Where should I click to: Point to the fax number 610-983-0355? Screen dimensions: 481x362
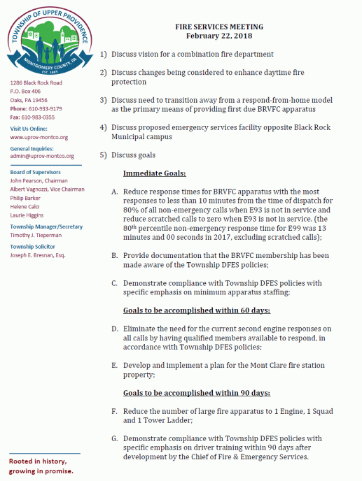pyautogui.click(x=41, y=117)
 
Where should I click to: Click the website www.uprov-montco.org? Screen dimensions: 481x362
pyautogui.click(x=39, y=138)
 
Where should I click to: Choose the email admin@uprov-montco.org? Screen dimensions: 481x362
pyautogui.click(x=39, y=157)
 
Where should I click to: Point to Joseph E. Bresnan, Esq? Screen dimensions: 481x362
pyautogui.click(x=38, y=255)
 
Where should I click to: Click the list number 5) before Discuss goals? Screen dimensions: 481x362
pyautogui.click(x=104, y=155)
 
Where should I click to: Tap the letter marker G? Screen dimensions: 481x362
pyautogui.click(x=115, y=438)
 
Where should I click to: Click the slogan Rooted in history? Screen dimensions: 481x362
pyautogui.click(x=38, y=462)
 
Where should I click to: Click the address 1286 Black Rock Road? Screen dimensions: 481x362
pyautogui.click(x=36, y=83)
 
